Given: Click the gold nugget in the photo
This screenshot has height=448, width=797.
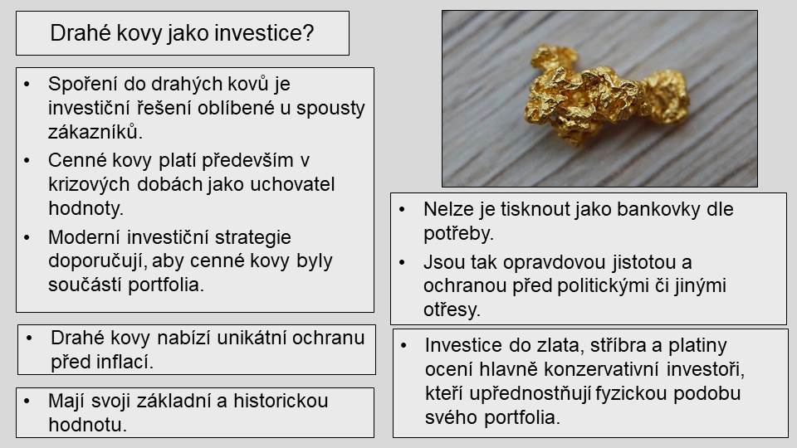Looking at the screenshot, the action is click(x=607, y=96).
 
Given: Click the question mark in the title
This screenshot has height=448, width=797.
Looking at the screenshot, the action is click(x=308, y=33).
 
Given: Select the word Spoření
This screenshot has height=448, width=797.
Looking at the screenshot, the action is click(x=82, y=84).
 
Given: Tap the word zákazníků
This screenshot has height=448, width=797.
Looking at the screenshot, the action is click(x=95, y=132).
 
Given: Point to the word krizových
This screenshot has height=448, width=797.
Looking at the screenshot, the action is click(x=89, y=184).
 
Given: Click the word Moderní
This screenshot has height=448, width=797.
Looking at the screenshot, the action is click(x=83, y=237).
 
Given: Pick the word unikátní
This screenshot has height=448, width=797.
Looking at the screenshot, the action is click(x=247, y=338).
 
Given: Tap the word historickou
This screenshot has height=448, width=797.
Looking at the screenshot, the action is click(x=281, y=401).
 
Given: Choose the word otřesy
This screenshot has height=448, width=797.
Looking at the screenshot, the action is click(x=452, y=309).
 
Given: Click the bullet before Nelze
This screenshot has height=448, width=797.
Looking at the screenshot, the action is click(x=403, y=209).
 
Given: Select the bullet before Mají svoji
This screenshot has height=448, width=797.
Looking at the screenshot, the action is click(x=27, y=401).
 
